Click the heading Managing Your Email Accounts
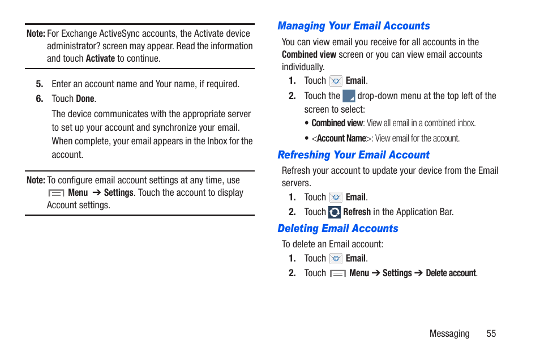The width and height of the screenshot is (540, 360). (x=353, y=26)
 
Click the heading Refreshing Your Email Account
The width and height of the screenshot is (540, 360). (x=353, y=155)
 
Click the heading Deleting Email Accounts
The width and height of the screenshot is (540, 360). (x=337, y=229)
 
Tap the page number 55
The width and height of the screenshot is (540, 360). (x=491, y=333)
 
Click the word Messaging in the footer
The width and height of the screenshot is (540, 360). (x=449, y=333)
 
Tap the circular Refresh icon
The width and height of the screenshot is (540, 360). (x=335, y=212)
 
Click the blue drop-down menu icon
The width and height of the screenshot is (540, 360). (x=349, y=96)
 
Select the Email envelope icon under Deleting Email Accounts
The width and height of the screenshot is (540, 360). (x=336, y=259)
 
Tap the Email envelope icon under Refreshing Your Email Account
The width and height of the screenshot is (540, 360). (x=336, y=198)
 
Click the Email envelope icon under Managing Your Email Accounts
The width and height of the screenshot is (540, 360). (x=336, y=81)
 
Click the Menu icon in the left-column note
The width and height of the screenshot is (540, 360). (x=56, y=193)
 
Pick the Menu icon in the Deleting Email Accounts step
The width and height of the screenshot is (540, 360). (x=338, y=273)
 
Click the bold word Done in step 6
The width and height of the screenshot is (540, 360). (x=85, y=99)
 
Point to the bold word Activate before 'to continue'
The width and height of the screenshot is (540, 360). (x=100, y=58)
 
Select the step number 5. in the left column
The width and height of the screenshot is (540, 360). (x=40, y=84)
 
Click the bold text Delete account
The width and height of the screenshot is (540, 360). (x=451, y=273)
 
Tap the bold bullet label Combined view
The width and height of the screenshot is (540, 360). (x=337, y=123)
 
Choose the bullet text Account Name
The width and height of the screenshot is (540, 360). (x=341, y=139)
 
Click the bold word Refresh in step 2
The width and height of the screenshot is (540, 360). (x=357, y=212)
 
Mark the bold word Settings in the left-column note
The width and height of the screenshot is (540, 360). (x=118, y=193)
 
